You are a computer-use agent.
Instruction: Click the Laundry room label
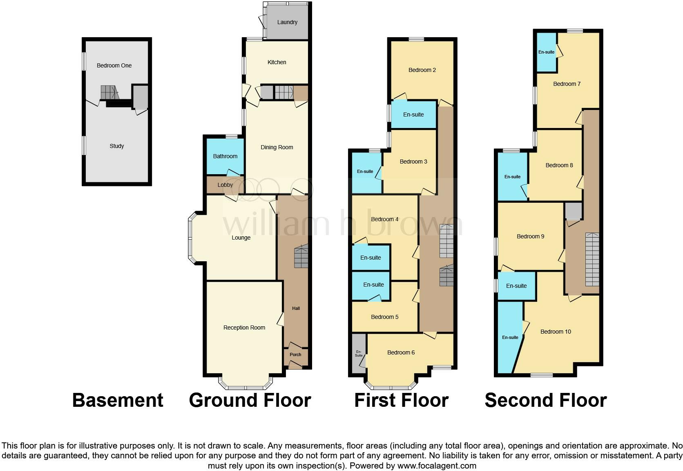[287, 22]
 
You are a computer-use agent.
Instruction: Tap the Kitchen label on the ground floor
[277, 62]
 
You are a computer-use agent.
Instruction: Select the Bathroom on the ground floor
[225, 156]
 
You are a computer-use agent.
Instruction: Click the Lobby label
[225, 185]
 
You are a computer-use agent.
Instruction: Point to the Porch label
[295, 354]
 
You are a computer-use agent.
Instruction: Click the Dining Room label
[277, 147]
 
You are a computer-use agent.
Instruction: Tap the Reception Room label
[244, 327]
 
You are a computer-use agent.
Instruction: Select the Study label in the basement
[116, 146]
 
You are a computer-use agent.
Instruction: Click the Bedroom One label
[114, 65]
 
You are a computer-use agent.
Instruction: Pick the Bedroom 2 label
[422, 70]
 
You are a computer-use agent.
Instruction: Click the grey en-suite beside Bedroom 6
[359, 354]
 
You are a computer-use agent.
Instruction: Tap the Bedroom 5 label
[384, 317]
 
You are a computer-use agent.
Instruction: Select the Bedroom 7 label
[567, 84]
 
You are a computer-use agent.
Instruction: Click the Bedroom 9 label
[530, 236]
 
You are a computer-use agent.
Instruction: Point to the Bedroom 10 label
[556, 332]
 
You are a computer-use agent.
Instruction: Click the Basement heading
[118, 400]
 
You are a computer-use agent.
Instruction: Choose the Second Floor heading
[545, 400]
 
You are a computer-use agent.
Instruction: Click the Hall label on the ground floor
[296, 308]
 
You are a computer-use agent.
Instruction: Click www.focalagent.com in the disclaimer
[436, 465]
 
